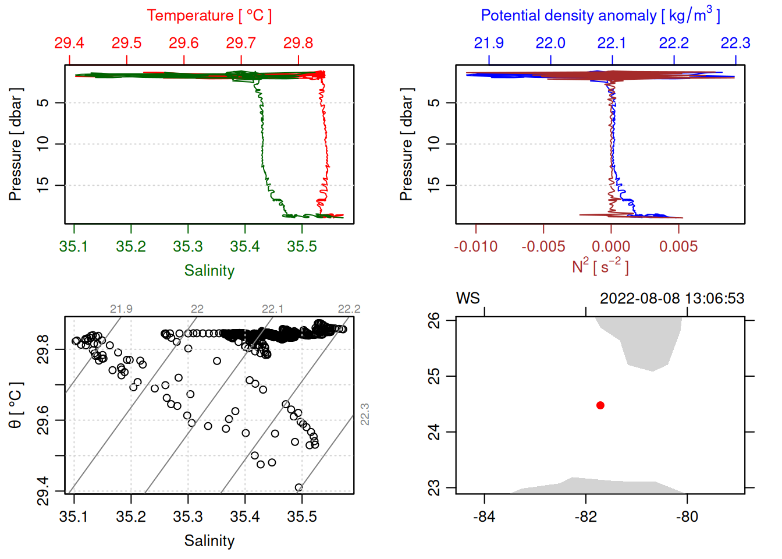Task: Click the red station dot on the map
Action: point(600,405)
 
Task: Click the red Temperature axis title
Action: point(209,16)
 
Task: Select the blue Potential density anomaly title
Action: point(600,16)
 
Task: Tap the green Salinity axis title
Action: point(209,271)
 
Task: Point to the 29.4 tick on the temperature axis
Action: point(69,43)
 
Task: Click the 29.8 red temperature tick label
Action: point(298,43)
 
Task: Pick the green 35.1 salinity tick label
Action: point(73,247)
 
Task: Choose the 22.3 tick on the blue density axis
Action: point(735,43)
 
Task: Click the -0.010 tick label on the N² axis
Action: point(475,247)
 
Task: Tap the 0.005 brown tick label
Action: point(678,247)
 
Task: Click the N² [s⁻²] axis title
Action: point(600,267)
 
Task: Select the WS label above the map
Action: point(468,299)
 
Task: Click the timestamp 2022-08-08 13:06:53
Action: point(672,299)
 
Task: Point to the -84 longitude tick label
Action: point(484,517)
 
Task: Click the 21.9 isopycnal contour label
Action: point(121,309)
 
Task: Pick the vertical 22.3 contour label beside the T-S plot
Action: point(365,414)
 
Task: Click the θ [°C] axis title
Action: point(16,405)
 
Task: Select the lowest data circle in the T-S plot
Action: point(298,488)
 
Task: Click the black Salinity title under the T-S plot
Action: point(209,541)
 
